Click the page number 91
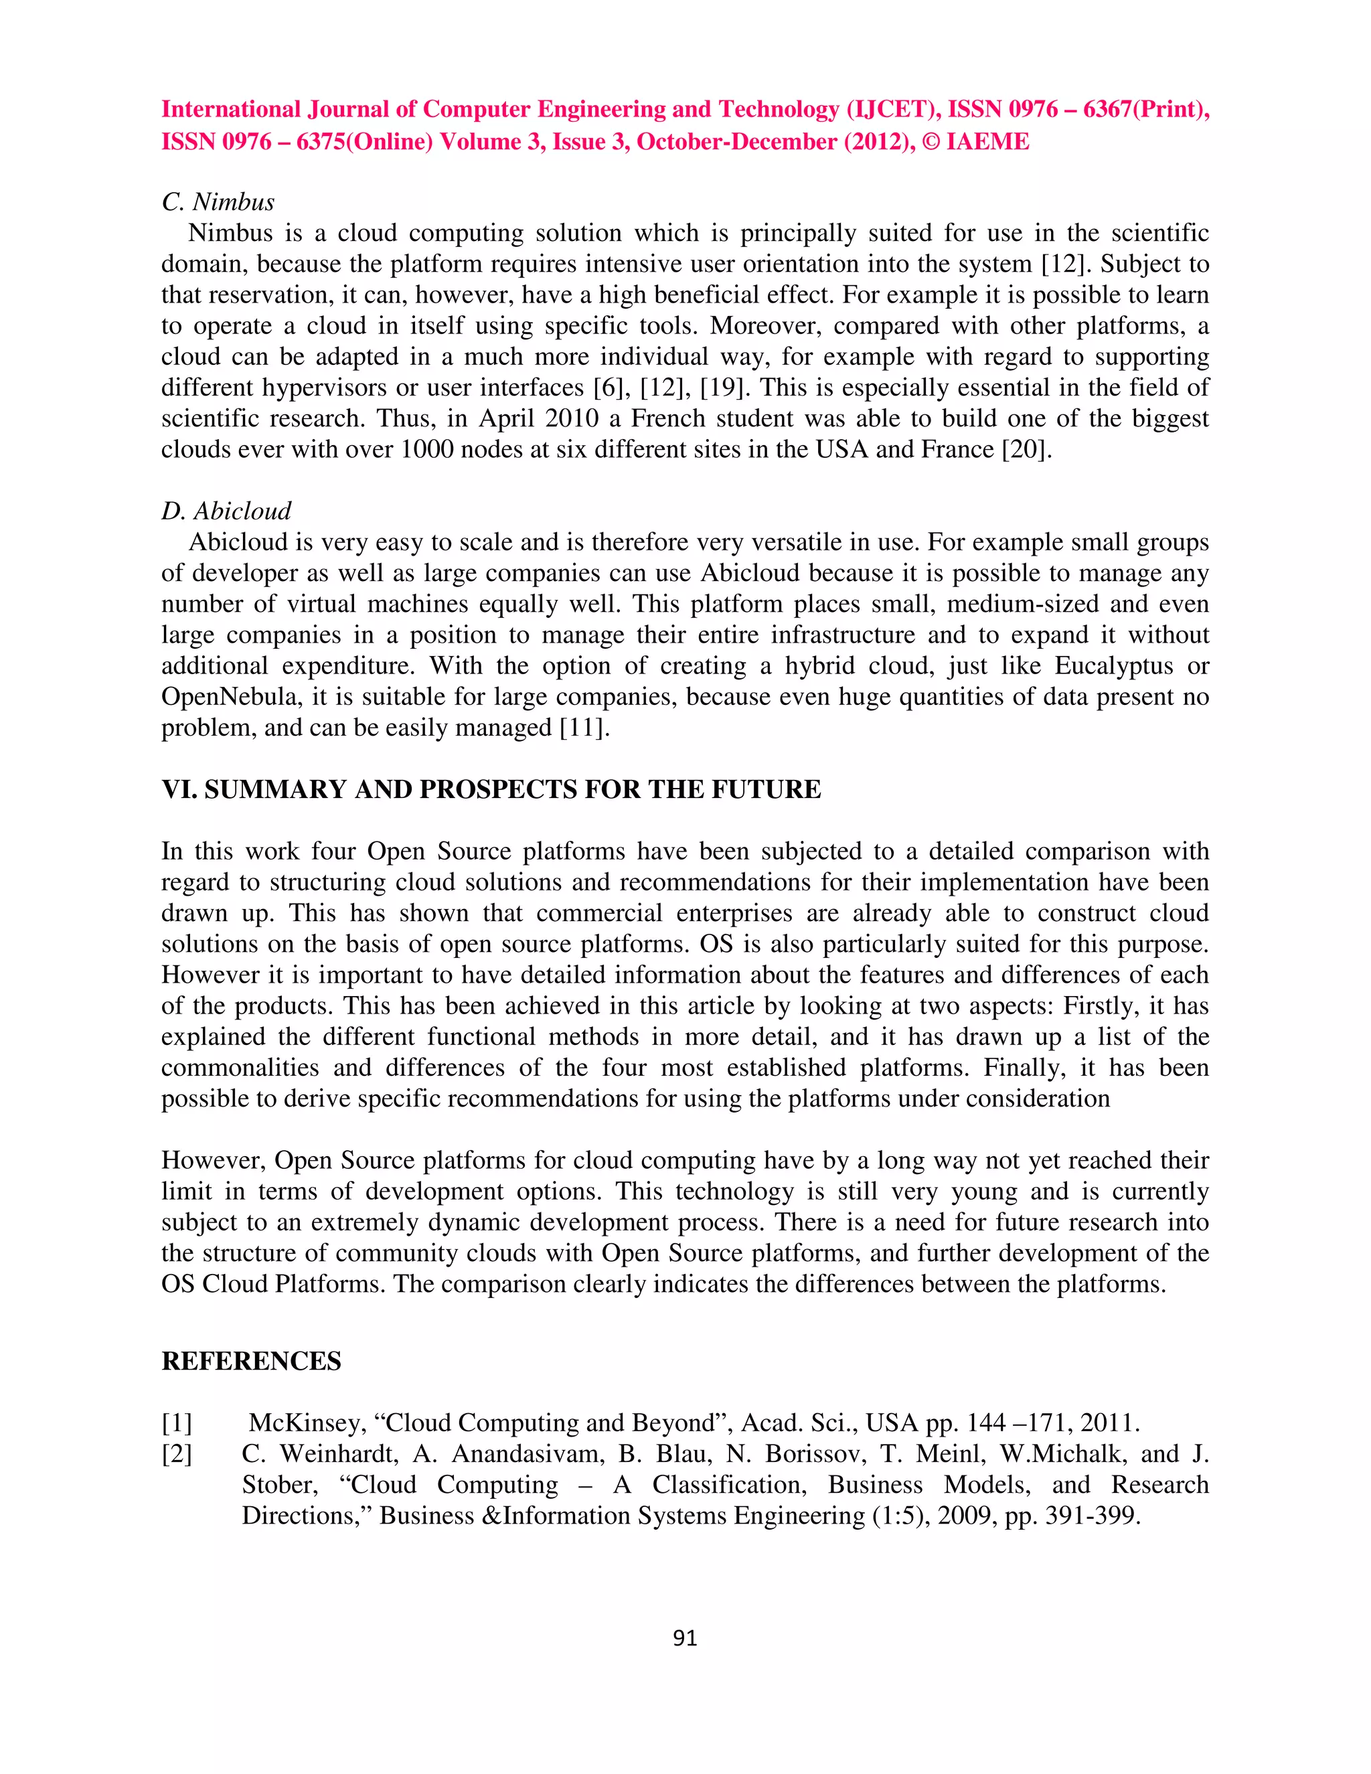[x=685, y=1638]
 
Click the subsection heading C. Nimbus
[x=218, y=201]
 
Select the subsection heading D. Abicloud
[x=226, y=511]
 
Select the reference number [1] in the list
[x=176, y=1423]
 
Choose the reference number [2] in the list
[x=176, y=1453]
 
